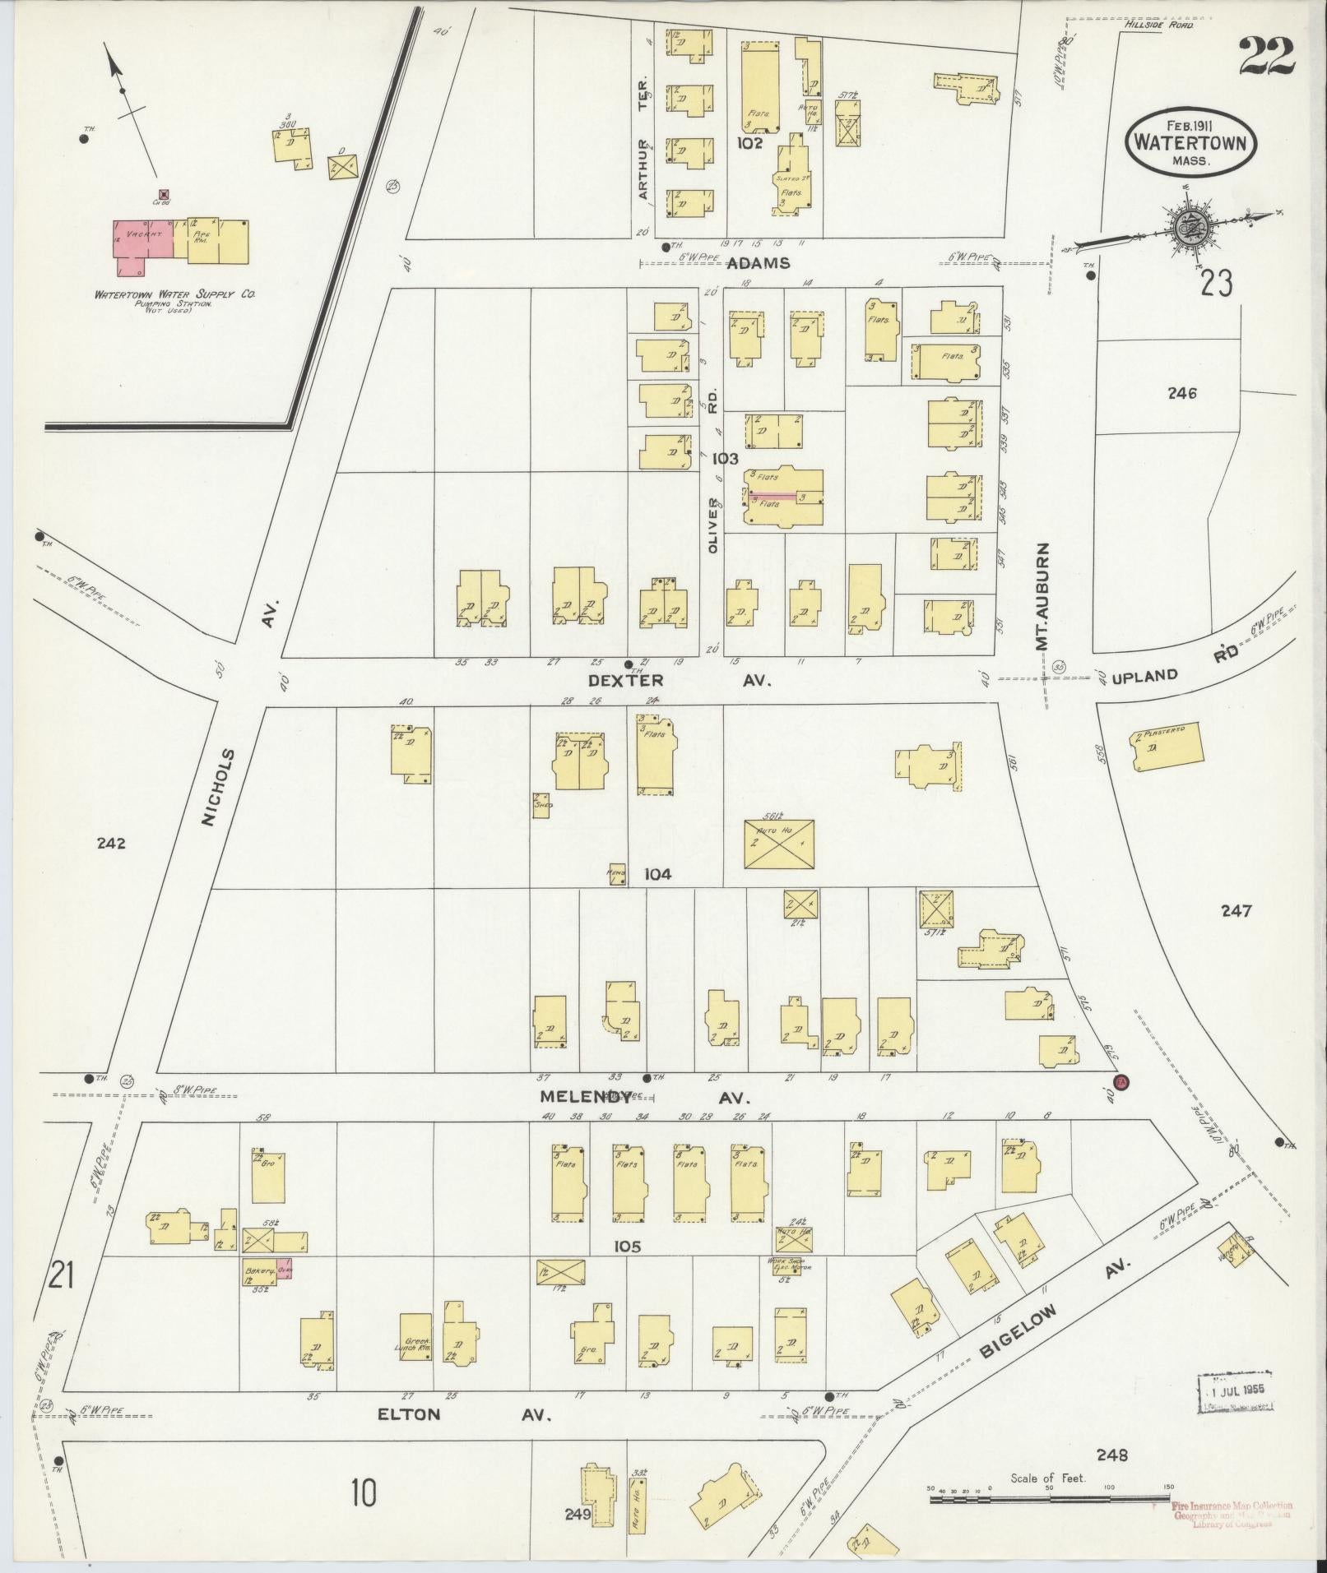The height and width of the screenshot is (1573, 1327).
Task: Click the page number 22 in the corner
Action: tap(1265, 56)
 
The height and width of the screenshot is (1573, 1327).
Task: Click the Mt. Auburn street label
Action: tap(1044, 596)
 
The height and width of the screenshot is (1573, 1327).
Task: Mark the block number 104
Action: tap(657, 874)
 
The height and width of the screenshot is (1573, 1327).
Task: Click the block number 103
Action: tap(725, 459)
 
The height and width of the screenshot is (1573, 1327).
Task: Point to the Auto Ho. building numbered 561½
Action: tap(778, 843)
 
